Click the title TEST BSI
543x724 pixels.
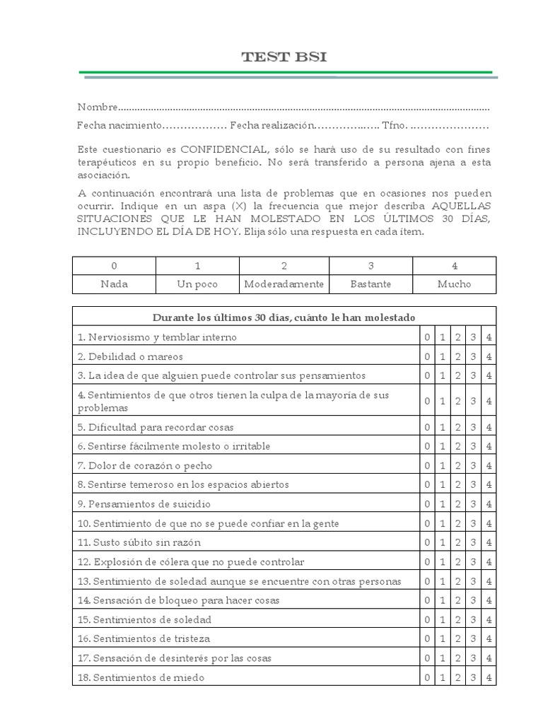[x=284, y=57]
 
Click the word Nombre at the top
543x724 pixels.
[x=97, y=107]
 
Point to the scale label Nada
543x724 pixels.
[x=115, y=284]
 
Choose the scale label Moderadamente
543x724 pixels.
[x=284, y=284]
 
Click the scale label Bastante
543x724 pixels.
[x=370, y=284]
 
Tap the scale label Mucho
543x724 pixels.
[x=455, y=284]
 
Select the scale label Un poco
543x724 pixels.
[x=198, y=284]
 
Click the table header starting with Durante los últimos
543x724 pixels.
[x=284, y=317]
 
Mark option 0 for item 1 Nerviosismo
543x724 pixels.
[x=427, y=337]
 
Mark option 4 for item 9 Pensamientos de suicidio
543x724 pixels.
[x=489, y=505]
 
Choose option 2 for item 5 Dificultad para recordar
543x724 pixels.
[x=458, y=428]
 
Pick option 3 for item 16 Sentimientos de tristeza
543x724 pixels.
[x=474, y=639]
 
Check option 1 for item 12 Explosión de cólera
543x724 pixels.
[x=443, y=562]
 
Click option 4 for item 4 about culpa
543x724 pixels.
[x=489, y=402]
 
